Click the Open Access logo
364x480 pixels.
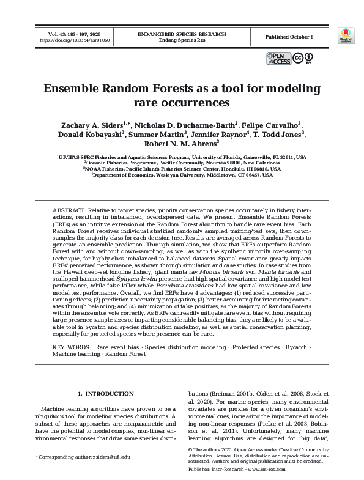[x=278, y=59]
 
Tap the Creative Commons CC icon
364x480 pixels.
[x=298, y=59]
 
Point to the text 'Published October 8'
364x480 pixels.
[x=289, y=37]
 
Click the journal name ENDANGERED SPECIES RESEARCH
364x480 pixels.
[x=182, y=34]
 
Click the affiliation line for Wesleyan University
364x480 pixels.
[x=182, y=174]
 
